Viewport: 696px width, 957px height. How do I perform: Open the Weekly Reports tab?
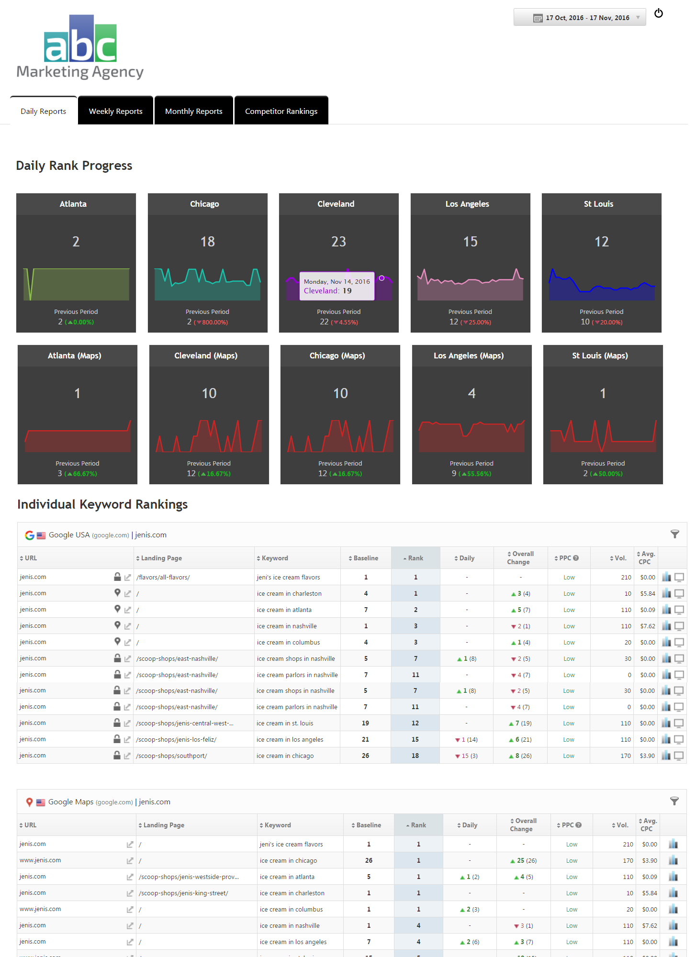pyautogui.click(x=115, y=111)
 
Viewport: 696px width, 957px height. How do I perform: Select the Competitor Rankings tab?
pyautogui.click(x=281, y=111)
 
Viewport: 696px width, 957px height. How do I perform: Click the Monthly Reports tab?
pyautogui.click(x=193, y=111)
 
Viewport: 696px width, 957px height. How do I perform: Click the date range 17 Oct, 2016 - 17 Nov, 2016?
pyautogui.click(x=587, y=18)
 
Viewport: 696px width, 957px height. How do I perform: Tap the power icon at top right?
pyautogui.click(x=659, y=13)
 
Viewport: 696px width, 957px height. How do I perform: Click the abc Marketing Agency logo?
pyautogui.click(x=80, y=47)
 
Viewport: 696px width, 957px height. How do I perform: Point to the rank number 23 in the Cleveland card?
pyautogui.click(x=338, y=242)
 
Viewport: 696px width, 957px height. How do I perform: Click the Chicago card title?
pyautogui.click(x=204, y=204)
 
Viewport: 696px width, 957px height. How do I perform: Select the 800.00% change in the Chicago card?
pyautogui.click(x=214, y=323)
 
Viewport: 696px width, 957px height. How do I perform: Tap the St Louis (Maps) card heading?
pyautogui.click(x=600, y=356)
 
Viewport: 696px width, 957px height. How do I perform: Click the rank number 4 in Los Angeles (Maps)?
pyautogui.click(x=471, y=393)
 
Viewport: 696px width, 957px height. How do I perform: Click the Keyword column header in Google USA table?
pyautogui.click(x=275, y=558)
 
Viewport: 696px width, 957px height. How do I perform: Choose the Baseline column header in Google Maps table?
pyautogui.click(x=369, y=825)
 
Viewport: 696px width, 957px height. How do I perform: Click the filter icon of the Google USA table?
pyautogui.click(x=674, y=534)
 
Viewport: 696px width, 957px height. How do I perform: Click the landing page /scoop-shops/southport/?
pyautogui.click(x=171, y=756)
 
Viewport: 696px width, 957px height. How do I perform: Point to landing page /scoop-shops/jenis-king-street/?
pyautogui.click(x=183, y=893)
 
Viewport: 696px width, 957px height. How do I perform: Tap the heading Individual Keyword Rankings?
pyautogui.click(x=102, y=504)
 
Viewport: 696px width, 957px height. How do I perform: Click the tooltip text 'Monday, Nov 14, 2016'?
pyautogui.click(x=337, y=281)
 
